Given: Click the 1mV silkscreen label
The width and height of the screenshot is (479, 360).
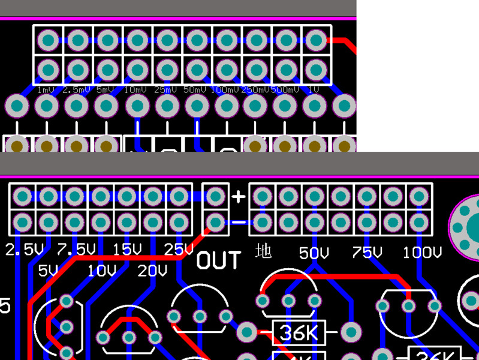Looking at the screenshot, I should pyautogui.click(x=46, y=90).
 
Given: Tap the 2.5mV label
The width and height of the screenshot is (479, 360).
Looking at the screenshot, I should pyautogui.click(x=76, y=90).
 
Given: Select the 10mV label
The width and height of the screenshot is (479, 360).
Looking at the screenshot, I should pyautogui.click(x=135, y=90).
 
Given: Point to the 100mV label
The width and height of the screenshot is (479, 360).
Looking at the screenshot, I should pyautogui.click(x=225, y=90).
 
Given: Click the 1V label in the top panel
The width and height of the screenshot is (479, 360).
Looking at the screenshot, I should pyautogui.click(x=313, y=90).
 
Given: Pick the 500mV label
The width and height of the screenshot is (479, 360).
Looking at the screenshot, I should pyautogui.click(x=285, y=90).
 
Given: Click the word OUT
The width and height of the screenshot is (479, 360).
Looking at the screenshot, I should pyautogui.click(x=219, y=261).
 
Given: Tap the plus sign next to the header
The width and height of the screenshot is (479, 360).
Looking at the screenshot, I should pyautogui.click(x=239, y=196).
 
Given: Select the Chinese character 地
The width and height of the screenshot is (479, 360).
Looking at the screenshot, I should pyautogui.click(x=263, y=250).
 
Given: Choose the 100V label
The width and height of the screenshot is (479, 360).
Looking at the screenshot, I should pyautogui.click(x=422, y=253).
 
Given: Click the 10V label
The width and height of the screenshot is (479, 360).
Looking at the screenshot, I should pyautogui.click(x=101, y=271).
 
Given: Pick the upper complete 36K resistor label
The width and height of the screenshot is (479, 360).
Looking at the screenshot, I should pyautogui.click(x=299, y=332).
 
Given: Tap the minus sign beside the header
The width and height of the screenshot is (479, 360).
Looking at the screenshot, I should pyautogui.click(x=239, y=223).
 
